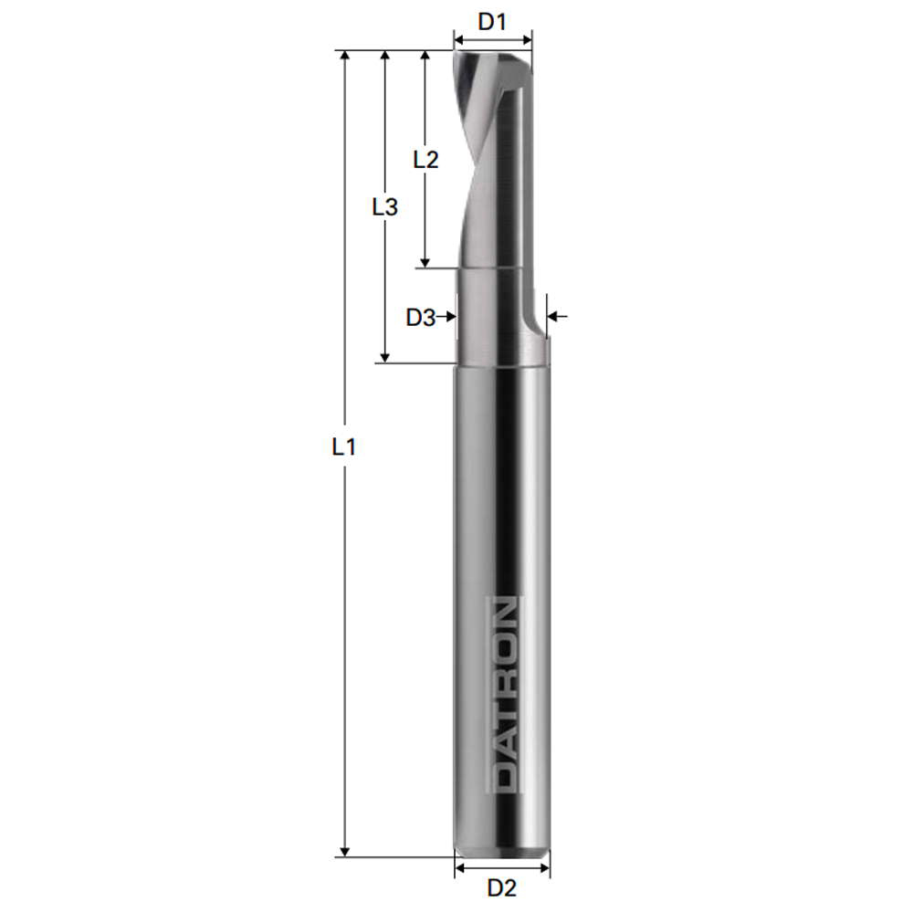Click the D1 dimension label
[x=492, y=21]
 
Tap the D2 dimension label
[x=502, y=887]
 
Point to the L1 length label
[x=343, y=447]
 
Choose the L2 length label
[x=425, y=160]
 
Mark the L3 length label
[x=385, y=207]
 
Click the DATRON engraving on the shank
[x=503, y=694]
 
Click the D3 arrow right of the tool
[x=556, y=317]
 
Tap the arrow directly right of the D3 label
[x=447, y=317]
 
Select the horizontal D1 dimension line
[x=493, y=40]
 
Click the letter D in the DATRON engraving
[x=503, y=774]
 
